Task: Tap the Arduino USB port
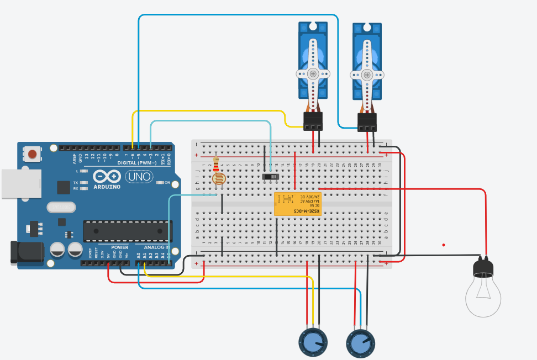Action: pos(21,183)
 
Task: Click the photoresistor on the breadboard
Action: pos(219,179)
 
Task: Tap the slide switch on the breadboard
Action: pos(270,177)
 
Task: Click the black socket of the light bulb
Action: pos(483,268)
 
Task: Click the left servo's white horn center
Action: pos(313,73)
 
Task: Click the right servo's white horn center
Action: pos(367,74)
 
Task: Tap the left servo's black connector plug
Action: pos(313,120)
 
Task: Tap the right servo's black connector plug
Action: pos(367,122)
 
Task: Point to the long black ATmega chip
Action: pos(128,231)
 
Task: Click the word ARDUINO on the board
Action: pos(107,187)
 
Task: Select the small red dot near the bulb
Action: pos(443,245)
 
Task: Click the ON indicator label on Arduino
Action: pos(167,182)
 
